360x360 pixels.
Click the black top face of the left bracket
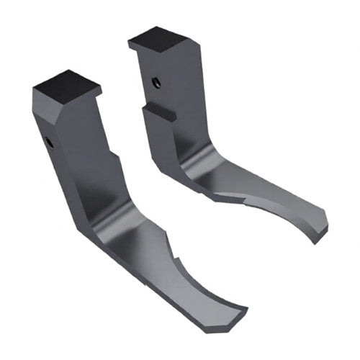(x=66, y=86)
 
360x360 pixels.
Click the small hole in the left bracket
(x=49, y=143)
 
